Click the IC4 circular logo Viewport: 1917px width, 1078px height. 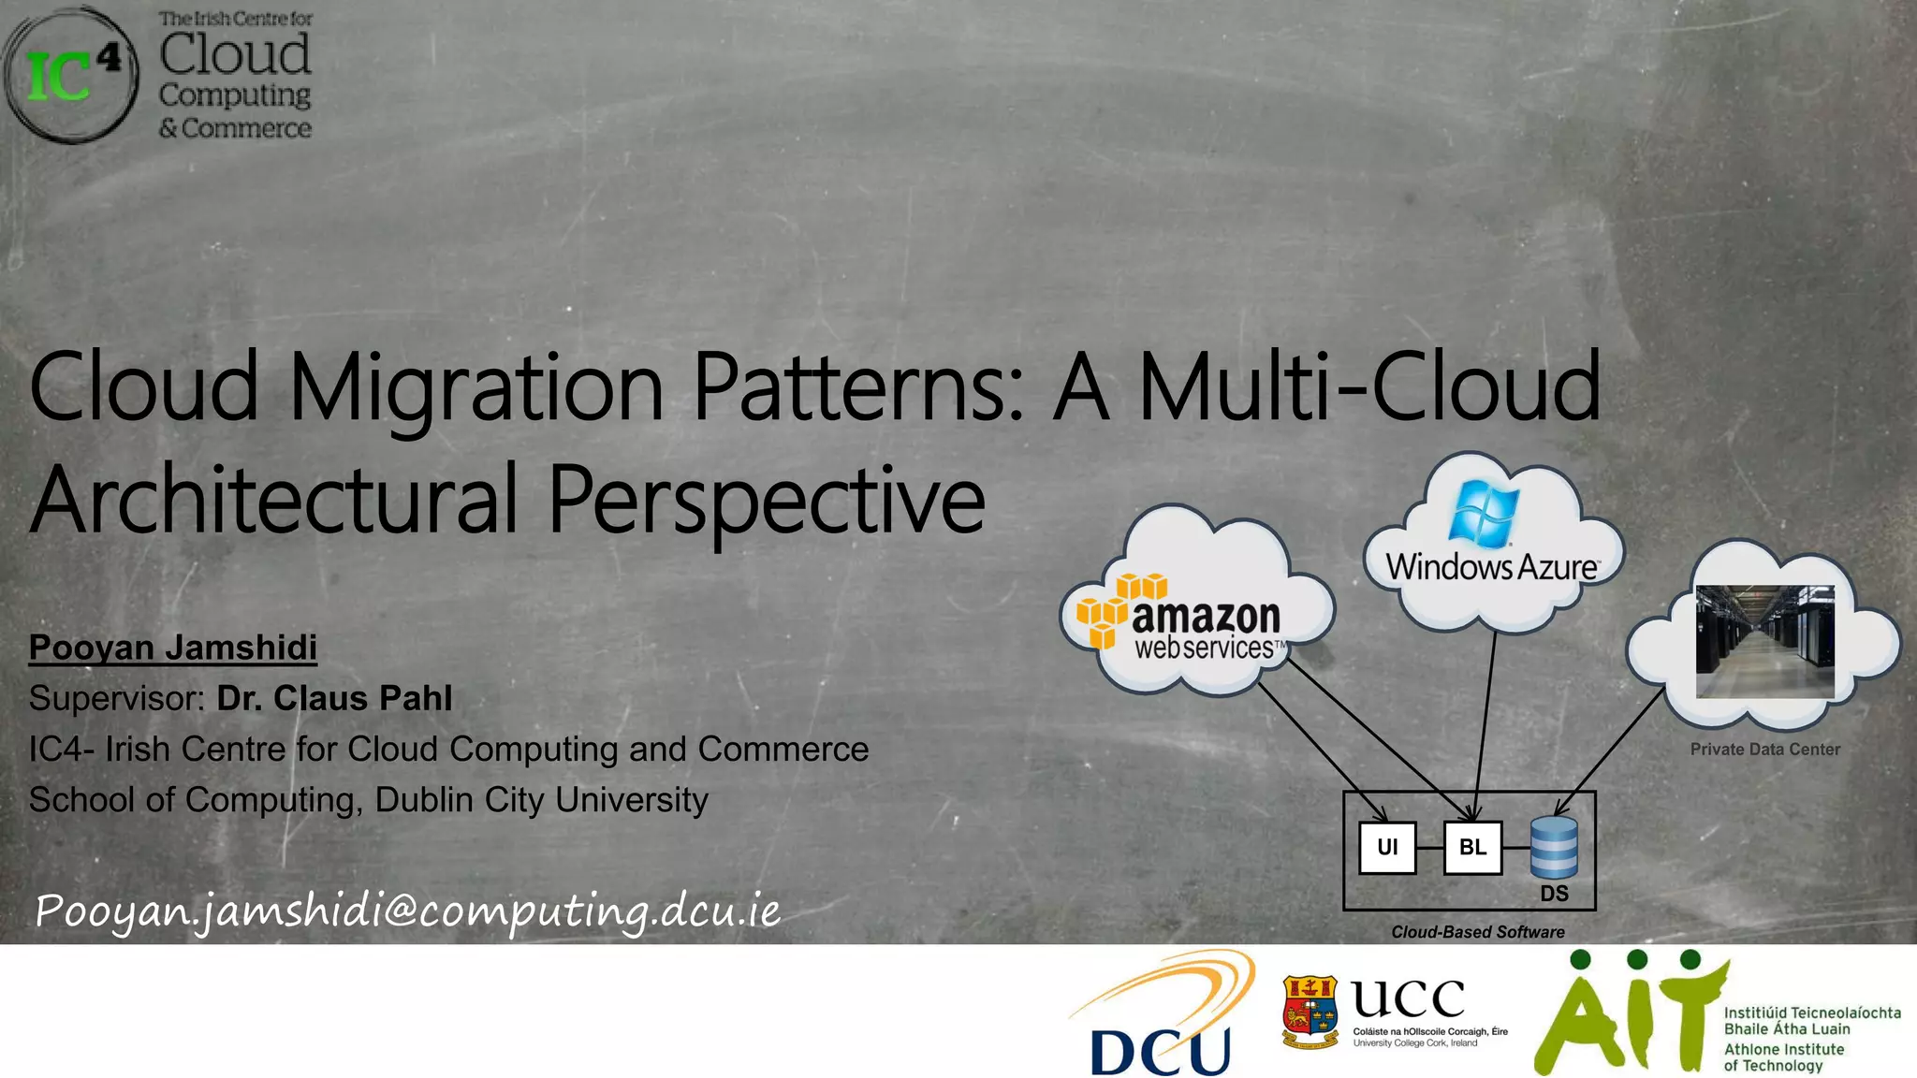pos(70,75)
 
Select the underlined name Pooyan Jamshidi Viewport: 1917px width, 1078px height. pos(173,648)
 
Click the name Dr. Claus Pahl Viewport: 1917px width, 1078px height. pos(334,698)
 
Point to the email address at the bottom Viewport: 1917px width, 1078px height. pos(407,910)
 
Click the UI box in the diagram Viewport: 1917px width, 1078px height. pos(1386,847)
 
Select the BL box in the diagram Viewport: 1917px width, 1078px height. pos(1471,847)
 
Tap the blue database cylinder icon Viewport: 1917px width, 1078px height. pos(1554,846)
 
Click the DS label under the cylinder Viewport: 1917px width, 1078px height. pos(1554,894)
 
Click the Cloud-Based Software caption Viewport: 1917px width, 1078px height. pos(1477,932)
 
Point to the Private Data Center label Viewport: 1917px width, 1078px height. pos(1764,750)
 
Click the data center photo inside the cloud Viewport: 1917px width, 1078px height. pos(1764,641)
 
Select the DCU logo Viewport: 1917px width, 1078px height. pos(1161,1015)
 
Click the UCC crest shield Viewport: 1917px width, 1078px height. pos(1310,1012)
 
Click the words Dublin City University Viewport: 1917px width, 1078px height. pos(541,800)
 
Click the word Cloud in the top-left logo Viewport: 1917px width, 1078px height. pos(234,53)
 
